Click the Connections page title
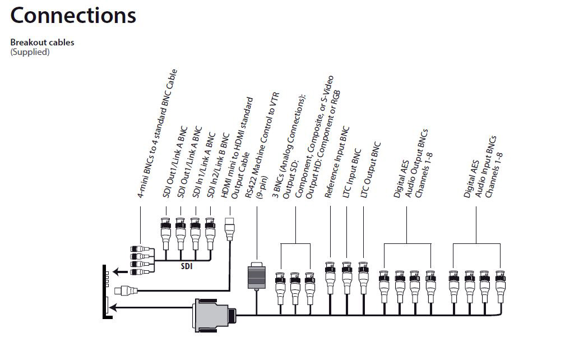pos(73,16)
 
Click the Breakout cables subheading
pos(42,43)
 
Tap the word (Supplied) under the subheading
pos(30,52)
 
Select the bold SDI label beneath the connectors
pos(187,266)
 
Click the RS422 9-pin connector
pos(256,276)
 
